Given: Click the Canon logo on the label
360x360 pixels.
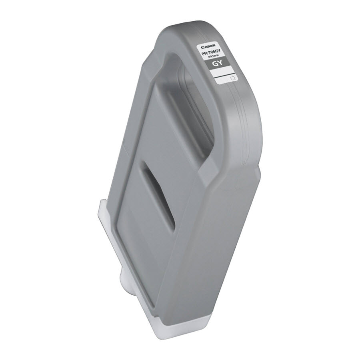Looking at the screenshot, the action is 208,47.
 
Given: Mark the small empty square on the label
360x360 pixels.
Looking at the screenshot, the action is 233,78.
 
